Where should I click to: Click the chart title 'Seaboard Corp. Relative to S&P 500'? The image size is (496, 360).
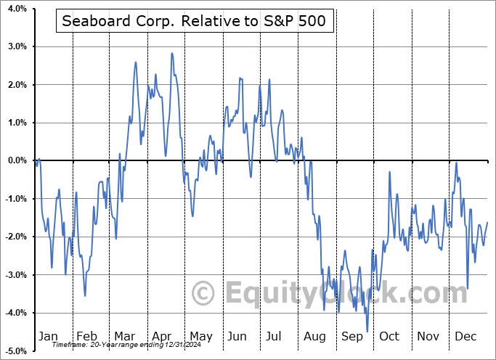pyautogui.click(x=195, y=22)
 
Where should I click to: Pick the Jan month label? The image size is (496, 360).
pyautogui.click(x=47, y=336)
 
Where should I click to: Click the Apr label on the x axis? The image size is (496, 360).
pyautogui.click(x=162, y=336)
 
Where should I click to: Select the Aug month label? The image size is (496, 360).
pyautogui.click(x=315, y=336)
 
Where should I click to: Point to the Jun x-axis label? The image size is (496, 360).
pyautogui.click(x=238, y=336)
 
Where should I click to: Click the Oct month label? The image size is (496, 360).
pyautogui.click(x=390, y=336)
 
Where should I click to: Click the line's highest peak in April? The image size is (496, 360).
pyautogui.click(x=172, y=53)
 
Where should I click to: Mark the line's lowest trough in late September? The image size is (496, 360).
pyautogui.click(x=367, y=332)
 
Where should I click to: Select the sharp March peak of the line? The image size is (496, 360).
pyautogui.click(x=136, y=62)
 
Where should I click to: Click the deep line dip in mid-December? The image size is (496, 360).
pyautogui.click(x=468, y=288)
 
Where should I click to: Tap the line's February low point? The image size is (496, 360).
pyautogui.click(x=85, y=295)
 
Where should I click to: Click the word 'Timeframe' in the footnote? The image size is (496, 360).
pyautogui.click(x=69, y=345)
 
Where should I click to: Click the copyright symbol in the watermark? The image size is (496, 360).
pyautogui.click(x=203, y=293)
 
